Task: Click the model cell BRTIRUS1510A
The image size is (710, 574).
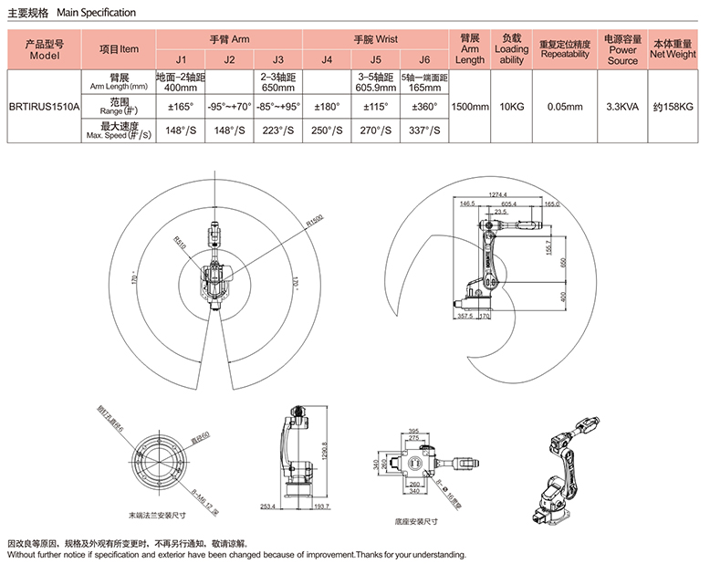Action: click(x=44, y=106)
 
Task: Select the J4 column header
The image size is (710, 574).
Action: click(x=326, y=60)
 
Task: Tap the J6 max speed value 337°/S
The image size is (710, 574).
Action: click(x=423, y=130)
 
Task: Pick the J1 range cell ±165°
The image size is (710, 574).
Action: click(x=180, y=106)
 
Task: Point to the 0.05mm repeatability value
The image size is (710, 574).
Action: click(x=565, y=106)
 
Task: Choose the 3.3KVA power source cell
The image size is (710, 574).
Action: click(x=622, y=106)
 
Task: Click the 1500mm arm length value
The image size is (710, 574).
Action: click(x=470, y=106)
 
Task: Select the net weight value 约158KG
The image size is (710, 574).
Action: click(x=673, y=106)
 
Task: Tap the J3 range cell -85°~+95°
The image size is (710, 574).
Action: click(x=277, y=106)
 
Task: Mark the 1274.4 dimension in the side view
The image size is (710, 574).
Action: click(x=497, y=193)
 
